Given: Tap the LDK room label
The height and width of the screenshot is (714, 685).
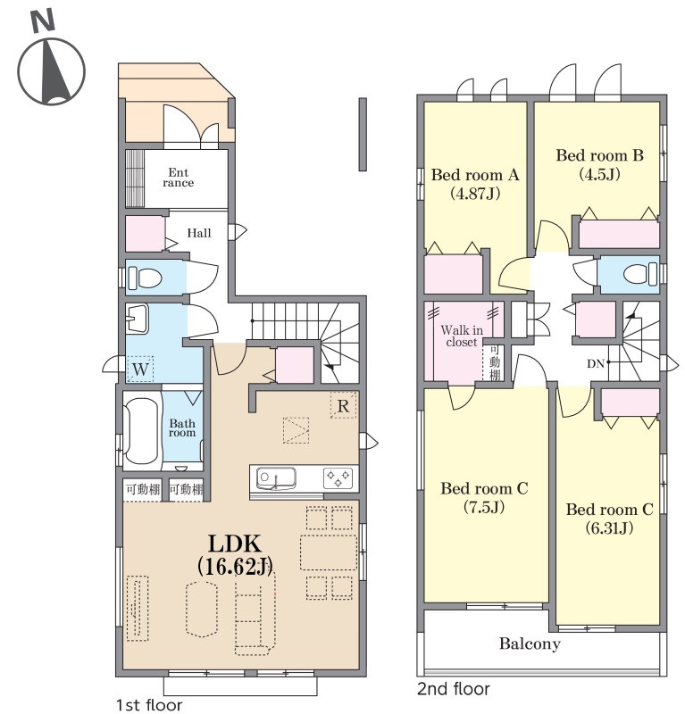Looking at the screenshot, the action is [235, 544].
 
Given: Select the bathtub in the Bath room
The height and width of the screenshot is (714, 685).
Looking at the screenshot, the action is [141, 431].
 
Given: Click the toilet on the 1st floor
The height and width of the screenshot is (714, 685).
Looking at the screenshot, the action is [145, 278].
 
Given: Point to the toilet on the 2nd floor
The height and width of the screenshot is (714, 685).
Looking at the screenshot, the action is [640, 275].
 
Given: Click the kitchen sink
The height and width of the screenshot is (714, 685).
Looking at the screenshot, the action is [276, 479].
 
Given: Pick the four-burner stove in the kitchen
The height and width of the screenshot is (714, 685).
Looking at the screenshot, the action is [338, 478].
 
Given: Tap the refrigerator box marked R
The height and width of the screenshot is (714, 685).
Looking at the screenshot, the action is [343, 405].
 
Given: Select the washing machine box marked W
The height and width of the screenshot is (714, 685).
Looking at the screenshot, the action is [140, 369].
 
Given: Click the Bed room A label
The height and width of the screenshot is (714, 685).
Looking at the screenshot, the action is [475, 175].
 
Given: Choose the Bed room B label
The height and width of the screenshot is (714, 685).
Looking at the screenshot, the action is [599, 155].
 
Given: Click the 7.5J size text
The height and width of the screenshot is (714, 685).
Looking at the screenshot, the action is [483, 507].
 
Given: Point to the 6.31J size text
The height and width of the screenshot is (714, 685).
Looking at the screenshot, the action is [609, 527].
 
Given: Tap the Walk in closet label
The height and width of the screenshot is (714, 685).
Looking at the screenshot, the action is [462, 336].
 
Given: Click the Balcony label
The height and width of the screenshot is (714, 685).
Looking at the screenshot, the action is [530, 644].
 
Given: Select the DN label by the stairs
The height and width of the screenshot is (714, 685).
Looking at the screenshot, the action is [595, 363].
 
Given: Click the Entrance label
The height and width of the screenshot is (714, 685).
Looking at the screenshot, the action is [179, 178].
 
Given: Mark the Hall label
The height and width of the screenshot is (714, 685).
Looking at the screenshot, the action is [199, 233].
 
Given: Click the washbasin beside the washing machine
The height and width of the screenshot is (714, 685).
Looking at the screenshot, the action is [137, 319].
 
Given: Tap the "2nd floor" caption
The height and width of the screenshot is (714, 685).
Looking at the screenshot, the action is [454, 689].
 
